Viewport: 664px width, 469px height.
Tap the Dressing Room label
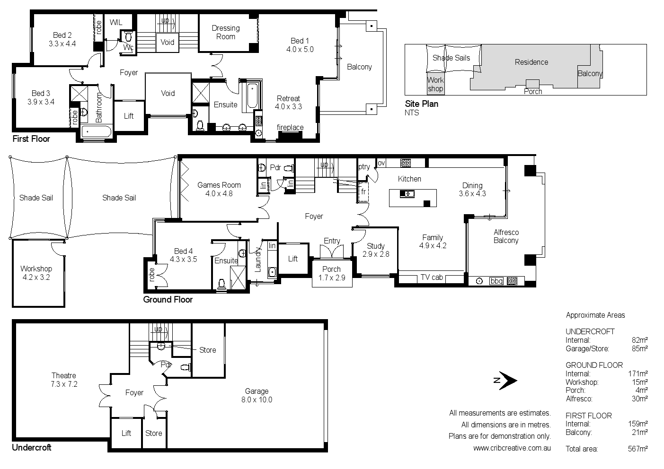coord(225,32)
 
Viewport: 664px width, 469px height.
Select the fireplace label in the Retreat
coord(290,127)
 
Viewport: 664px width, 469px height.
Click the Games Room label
coord(219,189)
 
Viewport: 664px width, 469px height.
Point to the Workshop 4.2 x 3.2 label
coord(36,273)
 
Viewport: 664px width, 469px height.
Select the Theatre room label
coord(64,380)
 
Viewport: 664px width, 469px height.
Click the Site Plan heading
coord(421,104)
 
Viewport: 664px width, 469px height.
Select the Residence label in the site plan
coord(531,62)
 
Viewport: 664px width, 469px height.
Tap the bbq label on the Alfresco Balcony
coord(496,281)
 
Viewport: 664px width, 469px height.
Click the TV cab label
coord(432,277)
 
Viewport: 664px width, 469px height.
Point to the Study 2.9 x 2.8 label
coord(376,250)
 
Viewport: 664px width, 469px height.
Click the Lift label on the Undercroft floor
coord(126,433)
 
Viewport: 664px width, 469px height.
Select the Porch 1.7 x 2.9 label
coord(331,273)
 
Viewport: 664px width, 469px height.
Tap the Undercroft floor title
coord(32,447)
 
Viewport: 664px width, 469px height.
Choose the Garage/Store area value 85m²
coord(639,348)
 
